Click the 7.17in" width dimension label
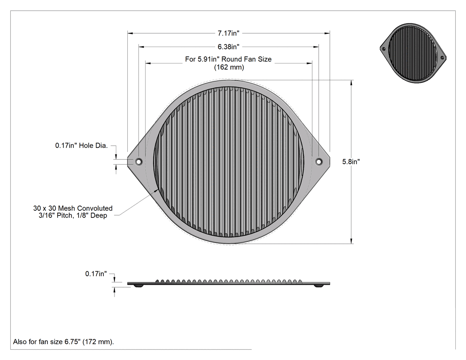228,33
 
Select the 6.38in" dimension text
228,47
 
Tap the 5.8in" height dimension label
351,162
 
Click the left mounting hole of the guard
138,162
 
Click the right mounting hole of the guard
319,162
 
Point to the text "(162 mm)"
229,67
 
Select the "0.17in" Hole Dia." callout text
81,146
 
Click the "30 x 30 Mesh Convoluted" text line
73,208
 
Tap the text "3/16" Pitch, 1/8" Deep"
73,216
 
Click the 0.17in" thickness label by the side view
96,274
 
